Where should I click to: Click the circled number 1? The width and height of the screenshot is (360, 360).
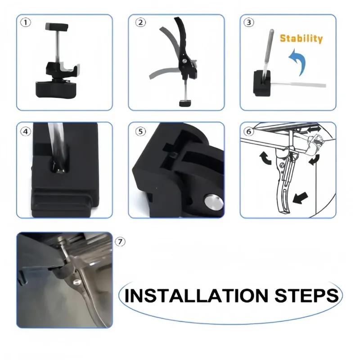pyautogui.click(x=26, y=22)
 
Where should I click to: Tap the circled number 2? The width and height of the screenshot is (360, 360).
pyautogui.click(x=140, y=22)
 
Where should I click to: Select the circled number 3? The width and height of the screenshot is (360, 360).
pyautogui.click(x=249, y=22)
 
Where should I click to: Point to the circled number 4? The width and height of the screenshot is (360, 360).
pyautogui.click(x=26, y=131)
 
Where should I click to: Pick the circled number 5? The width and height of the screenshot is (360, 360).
pyautogui.click(x=140, y=131)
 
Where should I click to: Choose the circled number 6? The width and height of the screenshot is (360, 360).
pyautogui.click(x=249, y=131)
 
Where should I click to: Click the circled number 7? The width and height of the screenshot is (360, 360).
pyautogui.click(x=120, y=242)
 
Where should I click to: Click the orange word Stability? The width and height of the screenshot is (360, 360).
pyautogui.click(x=301, y=39)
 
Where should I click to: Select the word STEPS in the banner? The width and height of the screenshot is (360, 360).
pyautogui.click(x=307, y=296)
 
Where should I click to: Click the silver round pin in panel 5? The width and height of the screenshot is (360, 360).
pyautogui.click(x=214, y=202)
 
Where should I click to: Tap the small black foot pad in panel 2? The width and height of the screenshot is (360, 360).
pyautogui.click(x=185, y=103)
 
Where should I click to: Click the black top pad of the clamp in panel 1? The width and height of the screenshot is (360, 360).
pyautogui.click(x=57, y=27)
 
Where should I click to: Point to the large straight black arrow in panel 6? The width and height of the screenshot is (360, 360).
pyautogui.click(x=300, y=198)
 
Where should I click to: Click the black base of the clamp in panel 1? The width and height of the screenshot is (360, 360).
pyautogui.click(x=56, y=89)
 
